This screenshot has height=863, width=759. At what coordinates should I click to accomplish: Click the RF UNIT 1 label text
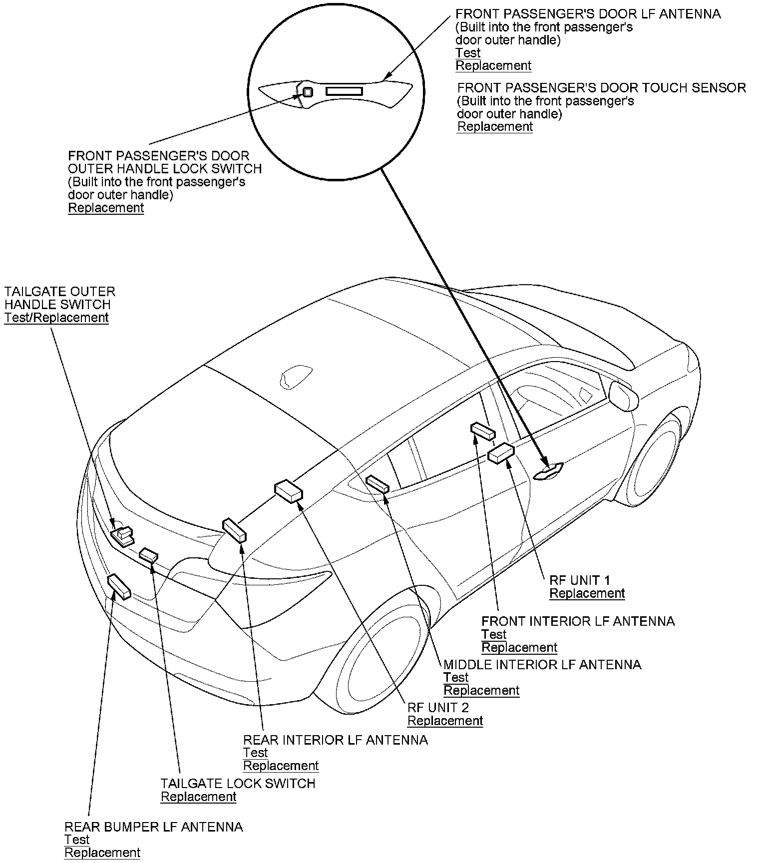(579, 580)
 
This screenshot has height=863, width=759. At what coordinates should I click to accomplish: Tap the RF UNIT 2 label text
(438, 708)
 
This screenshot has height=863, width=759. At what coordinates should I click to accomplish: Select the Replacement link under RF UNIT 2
(445, 721)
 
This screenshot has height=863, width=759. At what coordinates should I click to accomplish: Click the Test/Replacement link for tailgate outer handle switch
(56, 318)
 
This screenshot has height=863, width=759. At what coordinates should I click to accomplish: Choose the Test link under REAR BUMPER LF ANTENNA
(77, 840)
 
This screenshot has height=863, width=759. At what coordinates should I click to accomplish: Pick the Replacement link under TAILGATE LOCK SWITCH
(198, 796)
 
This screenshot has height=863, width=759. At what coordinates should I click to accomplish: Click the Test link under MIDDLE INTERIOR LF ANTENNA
(456, 677)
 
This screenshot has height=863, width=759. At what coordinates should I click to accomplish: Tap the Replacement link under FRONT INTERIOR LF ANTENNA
(519, 647)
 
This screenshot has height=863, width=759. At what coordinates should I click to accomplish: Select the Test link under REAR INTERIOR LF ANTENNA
(256, 753)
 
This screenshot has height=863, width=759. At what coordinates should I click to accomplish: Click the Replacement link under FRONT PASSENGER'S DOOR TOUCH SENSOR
(495, 126)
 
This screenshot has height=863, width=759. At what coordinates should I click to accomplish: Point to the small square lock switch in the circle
(308, 92)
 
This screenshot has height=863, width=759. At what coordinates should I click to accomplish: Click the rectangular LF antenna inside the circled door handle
(344, 91)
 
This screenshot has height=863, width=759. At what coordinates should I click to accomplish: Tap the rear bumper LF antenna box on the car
(119, 586)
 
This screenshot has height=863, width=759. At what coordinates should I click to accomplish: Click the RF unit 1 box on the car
(501, 453)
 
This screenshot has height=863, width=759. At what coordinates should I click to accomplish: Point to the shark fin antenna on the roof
(297, 376)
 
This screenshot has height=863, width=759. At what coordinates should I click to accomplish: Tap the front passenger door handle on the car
(548, 471)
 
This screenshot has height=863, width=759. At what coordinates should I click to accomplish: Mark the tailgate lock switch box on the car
(149, 555)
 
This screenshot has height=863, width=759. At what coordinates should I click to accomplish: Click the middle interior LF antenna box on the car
(378, 484)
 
